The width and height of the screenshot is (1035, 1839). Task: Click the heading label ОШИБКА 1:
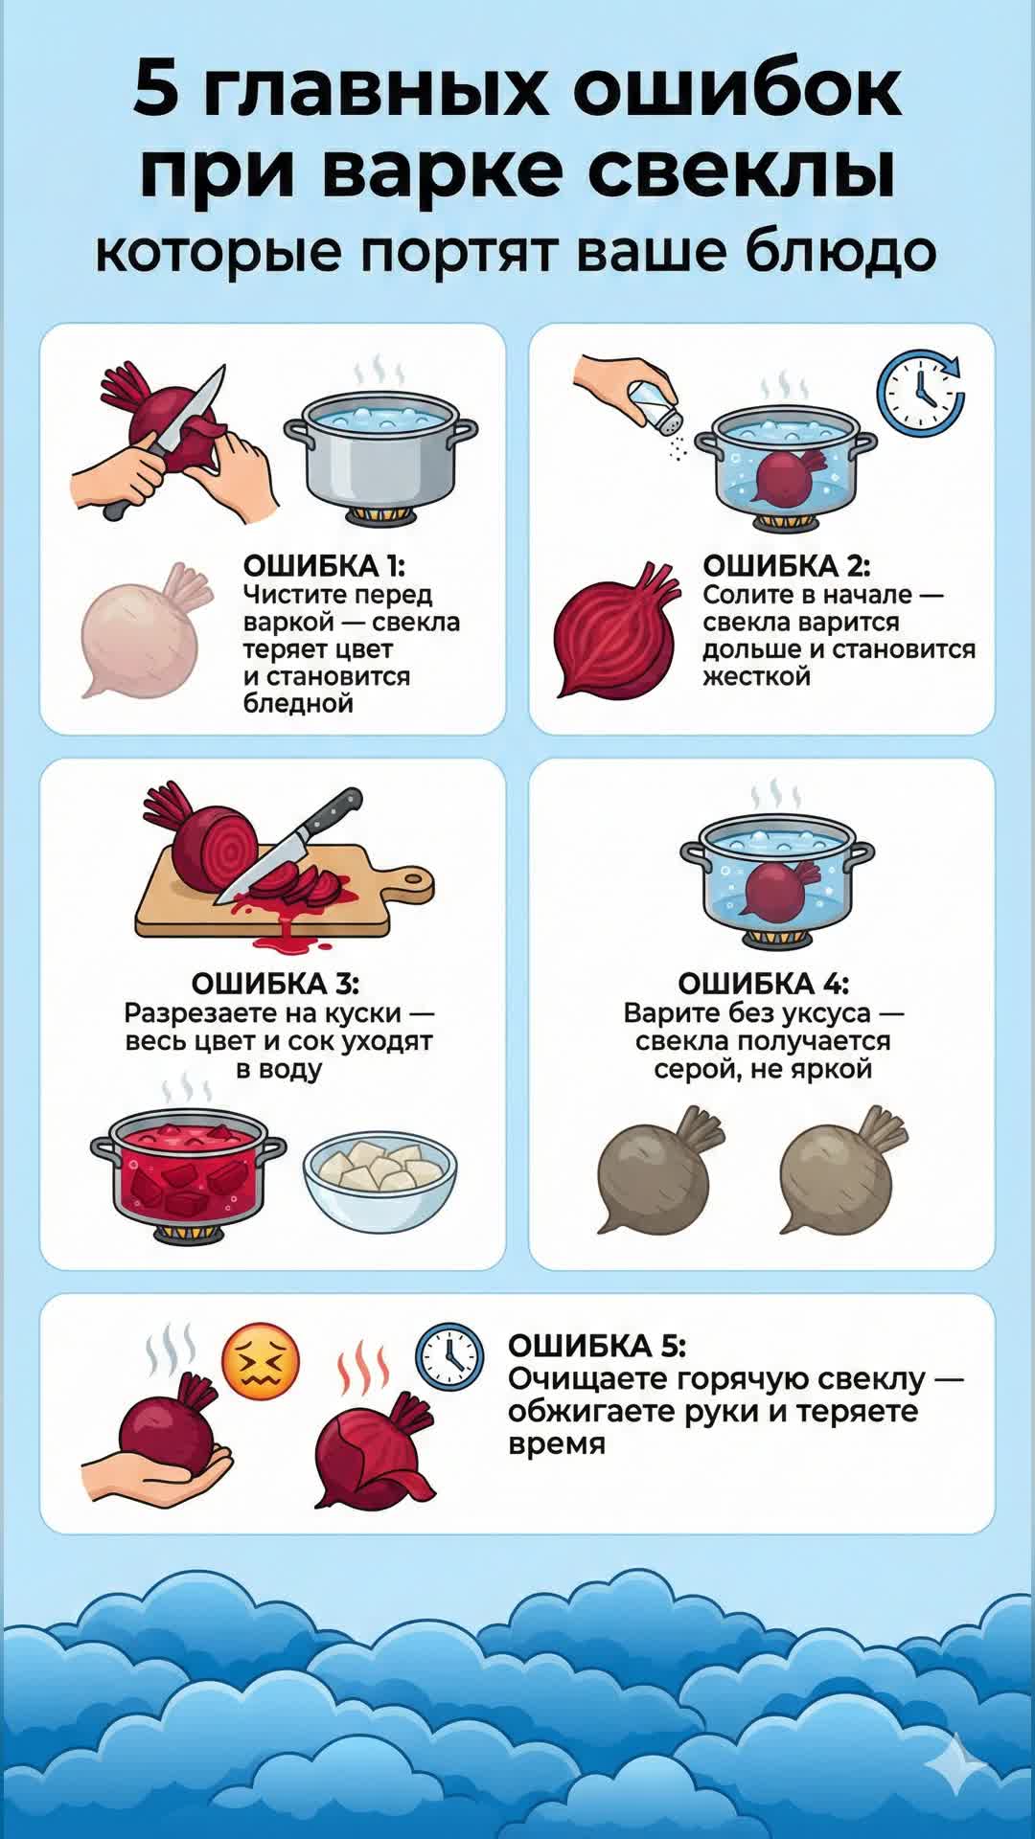click(x=324, y=566)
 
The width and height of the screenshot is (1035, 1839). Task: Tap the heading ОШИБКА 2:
click(x=786, y=566)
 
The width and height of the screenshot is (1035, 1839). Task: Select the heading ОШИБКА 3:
click(x=275, y=984)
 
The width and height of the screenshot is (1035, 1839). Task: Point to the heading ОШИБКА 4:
click(x=764, y=984)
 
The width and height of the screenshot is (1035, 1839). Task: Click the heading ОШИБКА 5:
click(x=596, y=1346)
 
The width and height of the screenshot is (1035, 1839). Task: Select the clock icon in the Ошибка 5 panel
click(x=448, y=1358)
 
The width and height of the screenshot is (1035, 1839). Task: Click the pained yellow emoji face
click(x=261, y=1362)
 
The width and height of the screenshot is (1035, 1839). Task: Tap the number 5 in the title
click(x=155, y=88)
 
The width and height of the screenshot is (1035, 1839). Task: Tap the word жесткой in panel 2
click(x=756, y=676)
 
